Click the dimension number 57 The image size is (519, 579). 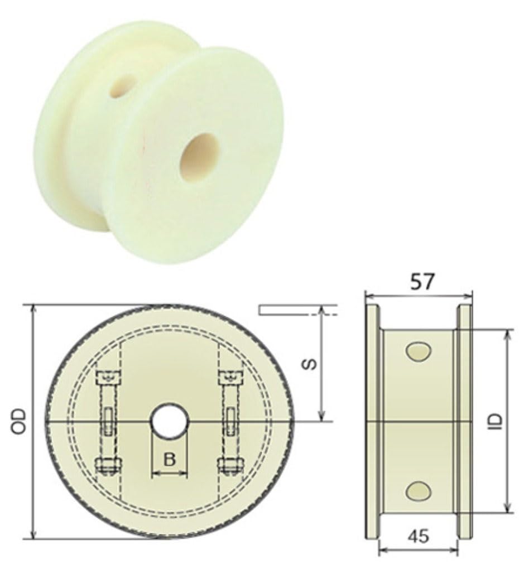tap(421, 281)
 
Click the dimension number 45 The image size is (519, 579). tap(419, 537)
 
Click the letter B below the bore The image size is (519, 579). tap(170, 460)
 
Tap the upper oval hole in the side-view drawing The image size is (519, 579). tap(419, 350)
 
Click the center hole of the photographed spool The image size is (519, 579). tap(199, 157)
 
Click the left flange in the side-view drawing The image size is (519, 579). tap(372, 421)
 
